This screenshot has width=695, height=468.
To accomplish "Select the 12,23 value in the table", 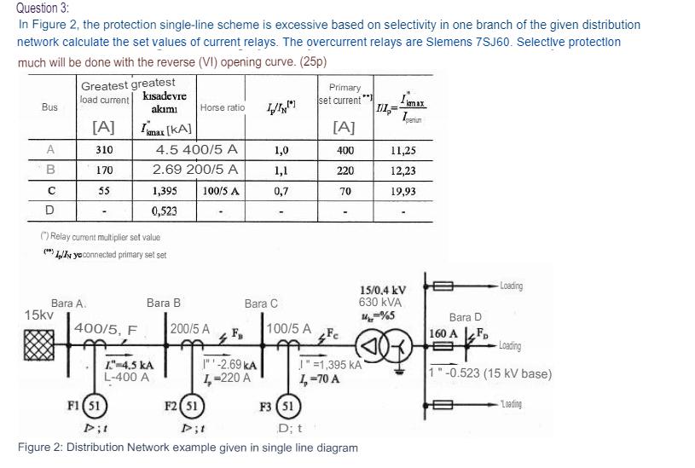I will pyautogui.click(x=403, y=170).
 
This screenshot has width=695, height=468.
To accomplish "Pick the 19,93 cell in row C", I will pyautogui.click(x=403, y=191).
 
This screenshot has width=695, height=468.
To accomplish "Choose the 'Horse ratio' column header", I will pyautogui.click(x=222, y=107).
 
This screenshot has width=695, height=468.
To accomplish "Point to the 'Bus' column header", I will pyautogui.click(x=49, y=107).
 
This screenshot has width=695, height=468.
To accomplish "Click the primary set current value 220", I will pyautogui.click(x=345, y=170).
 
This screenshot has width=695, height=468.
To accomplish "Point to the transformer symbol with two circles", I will pyautogui.click(x=377, y=350).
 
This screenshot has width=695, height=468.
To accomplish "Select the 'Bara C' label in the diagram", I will pyautogui.click(x=261, y=303).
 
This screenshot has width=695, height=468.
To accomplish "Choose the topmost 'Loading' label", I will pyautogui.click(x=513, y=286).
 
